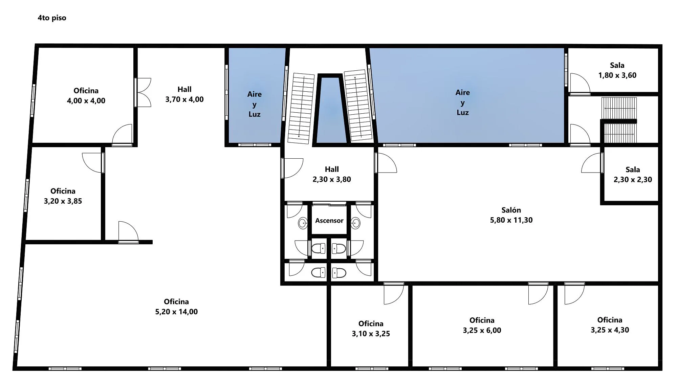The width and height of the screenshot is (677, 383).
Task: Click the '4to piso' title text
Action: [52, 18]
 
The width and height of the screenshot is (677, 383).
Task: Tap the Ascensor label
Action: [329, 221]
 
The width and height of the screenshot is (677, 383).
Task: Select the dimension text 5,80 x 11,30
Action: [511, 220]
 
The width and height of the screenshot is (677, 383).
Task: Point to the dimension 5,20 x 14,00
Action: [176, 312]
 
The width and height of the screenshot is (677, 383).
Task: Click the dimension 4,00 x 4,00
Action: [86, 101]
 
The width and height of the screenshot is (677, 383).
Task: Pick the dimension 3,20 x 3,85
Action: [63, 201]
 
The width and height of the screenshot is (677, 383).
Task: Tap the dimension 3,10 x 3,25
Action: [371, 334]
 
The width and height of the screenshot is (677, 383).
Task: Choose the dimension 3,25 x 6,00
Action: [482, 331]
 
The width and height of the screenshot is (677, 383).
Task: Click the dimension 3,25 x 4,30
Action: [610, 330]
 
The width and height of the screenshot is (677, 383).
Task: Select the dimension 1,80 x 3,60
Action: [617, 75]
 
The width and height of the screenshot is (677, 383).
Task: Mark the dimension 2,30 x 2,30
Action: [633, 180]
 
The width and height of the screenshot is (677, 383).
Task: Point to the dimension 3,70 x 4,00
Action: [184, 99]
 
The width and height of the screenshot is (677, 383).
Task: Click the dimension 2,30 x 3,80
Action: [332, 179]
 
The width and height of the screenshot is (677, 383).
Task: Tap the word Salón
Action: [511, 210]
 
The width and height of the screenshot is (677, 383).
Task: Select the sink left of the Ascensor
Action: [303, 223]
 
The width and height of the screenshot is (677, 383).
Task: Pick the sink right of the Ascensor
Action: [355, 223]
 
